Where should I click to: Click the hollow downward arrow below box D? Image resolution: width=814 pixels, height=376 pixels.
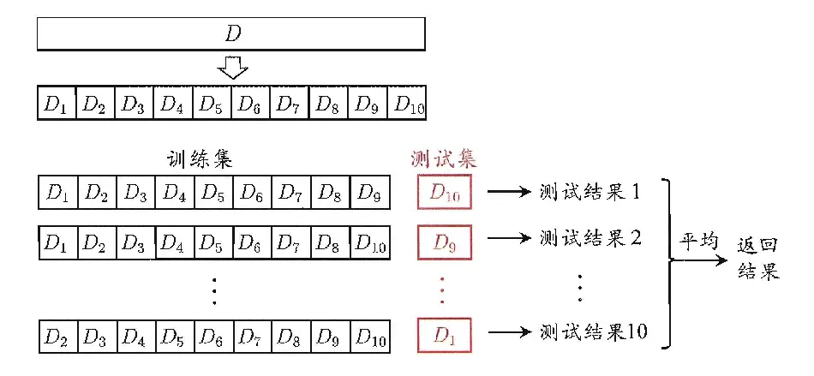click(231, 67)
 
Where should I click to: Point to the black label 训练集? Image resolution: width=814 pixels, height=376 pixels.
click(200, 159)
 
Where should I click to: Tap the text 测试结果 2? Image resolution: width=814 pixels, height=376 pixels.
click(591, 238)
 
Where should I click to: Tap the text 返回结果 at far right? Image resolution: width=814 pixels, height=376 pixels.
click(758, 260)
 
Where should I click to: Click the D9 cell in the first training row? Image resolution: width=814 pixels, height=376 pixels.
click(369, 192)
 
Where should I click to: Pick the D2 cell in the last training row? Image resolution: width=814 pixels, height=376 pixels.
click(58, 334)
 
